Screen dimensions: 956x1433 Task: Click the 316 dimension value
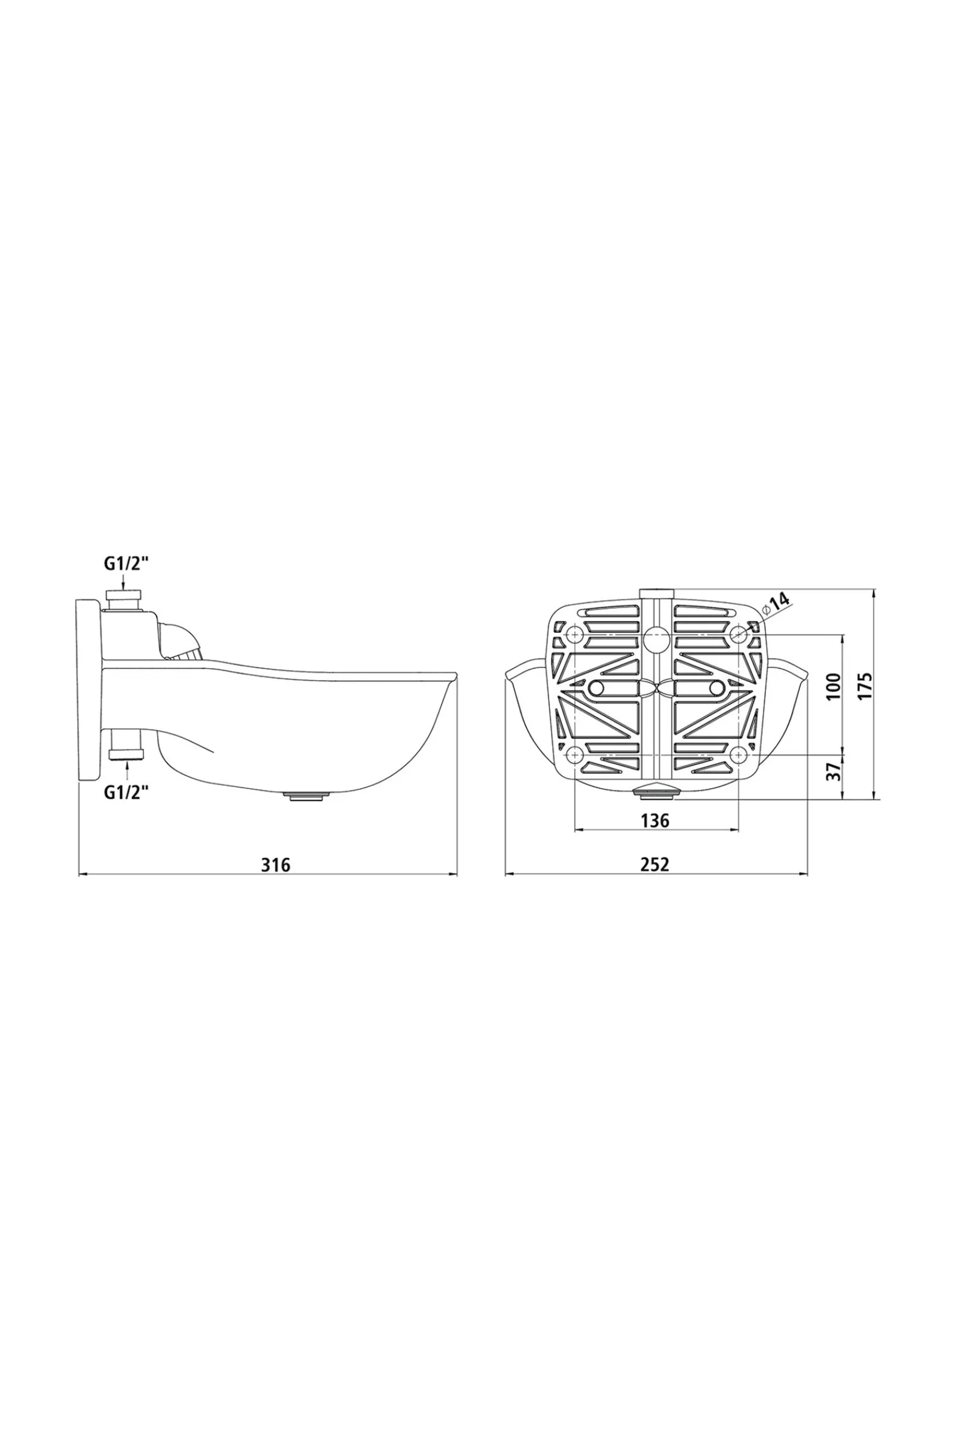click(x=276, y=865)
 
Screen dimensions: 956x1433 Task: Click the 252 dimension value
click(x=655, y=865)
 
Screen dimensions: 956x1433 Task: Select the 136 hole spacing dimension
click(x=655, y=820)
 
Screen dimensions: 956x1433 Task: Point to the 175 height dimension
click(x=865, y=687)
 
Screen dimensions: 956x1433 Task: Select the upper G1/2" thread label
click(x=126, y=564)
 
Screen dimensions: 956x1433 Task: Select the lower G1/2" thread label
click(x=126, y=792)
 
